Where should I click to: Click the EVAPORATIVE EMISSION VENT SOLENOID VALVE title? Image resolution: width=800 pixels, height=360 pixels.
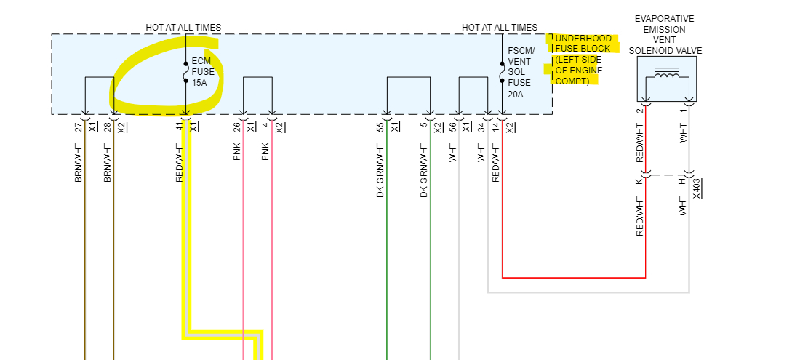tap(664, 34)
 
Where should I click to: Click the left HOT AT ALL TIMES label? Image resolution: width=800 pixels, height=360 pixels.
tap(183, 28)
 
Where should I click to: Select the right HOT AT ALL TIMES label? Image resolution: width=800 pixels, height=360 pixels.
tap(500, 28)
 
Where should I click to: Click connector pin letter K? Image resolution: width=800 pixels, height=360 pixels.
tap(639, 180)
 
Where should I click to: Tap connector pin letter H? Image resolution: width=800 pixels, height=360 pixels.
tap(682, 180)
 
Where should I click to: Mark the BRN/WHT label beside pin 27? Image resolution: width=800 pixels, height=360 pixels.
tap(79, 163)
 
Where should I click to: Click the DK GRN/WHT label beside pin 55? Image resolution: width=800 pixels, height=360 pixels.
tap(380, 171)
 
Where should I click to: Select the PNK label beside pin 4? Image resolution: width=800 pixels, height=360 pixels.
tap(265, 151)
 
